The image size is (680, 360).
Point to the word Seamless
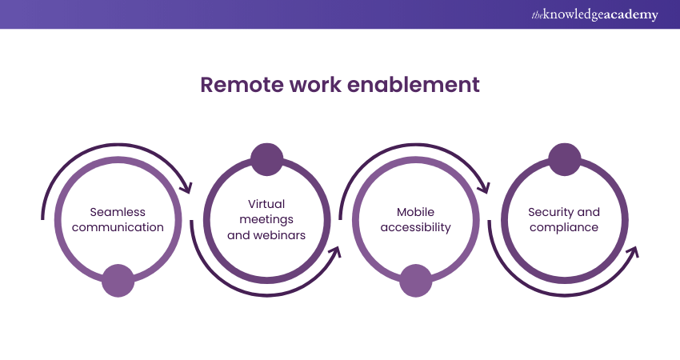pos(118,212)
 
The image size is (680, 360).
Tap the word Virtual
pos(266,204)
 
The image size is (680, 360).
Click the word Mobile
pos(415,212)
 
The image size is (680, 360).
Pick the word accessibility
pos(415,226)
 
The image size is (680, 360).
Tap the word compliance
pos(563,226)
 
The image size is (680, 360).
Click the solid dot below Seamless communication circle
pos(118,280)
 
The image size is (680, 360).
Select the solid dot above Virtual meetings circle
pos(266,158)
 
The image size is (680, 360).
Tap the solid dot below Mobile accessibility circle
pos(415,280)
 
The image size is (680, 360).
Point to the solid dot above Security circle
pos(564,158)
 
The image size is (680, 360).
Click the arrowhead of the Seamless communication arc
pos(187,189)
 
